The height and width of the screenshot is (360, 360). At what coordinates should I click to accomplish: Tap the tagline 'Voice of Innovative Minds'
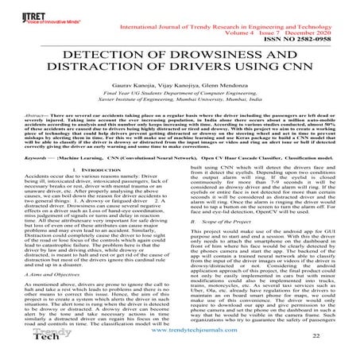pyautogui.click(x=30, y=21)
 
